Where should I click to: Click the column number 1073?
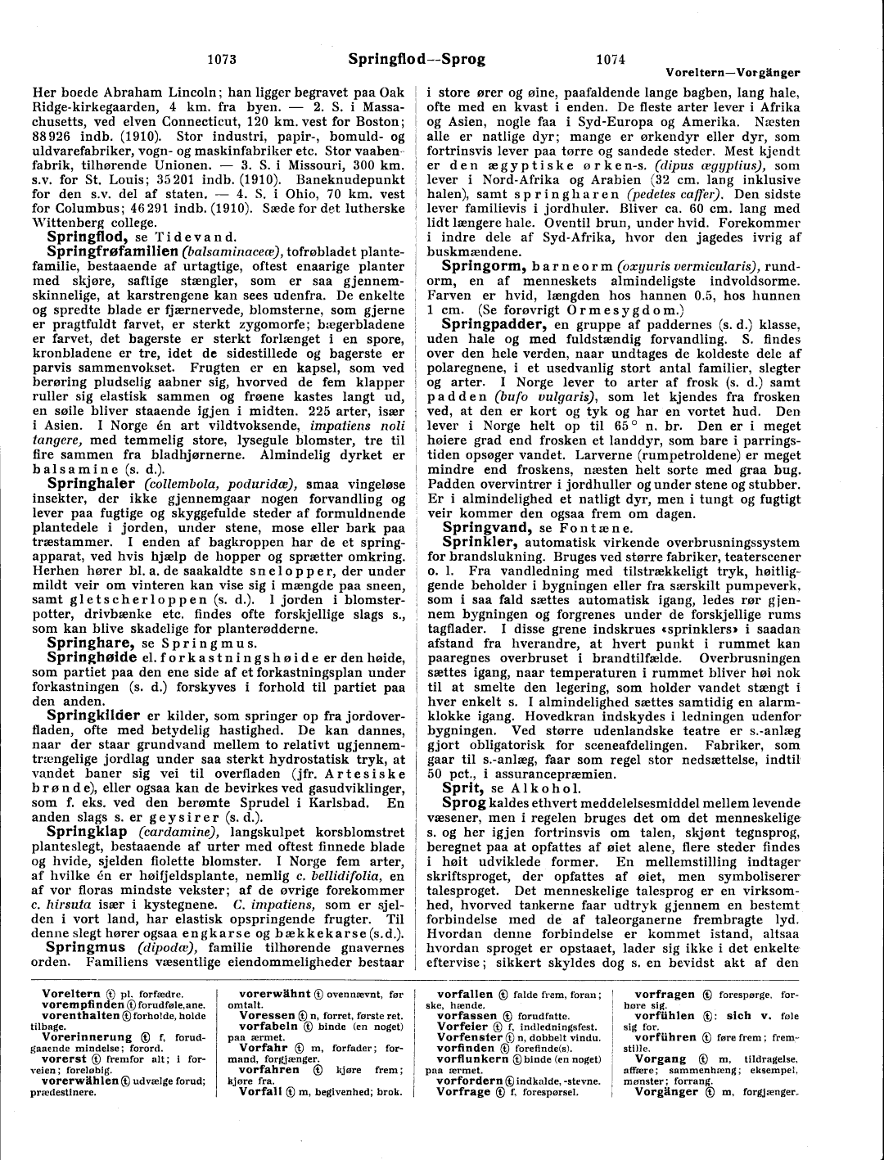(x=222, y=59)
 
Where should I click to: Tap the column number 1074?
(x=611, y=59)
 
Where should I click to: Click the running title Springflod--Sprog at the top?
(x=417, y=59)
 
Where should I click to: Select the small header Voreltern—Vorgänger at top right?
(x=733, y=73)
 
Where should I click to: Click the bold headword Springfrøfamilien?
(x=112, y=251)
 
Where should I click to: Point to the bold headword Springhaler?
(x=91, y=484)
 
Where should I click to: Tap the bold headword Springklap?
(x=91, y=832)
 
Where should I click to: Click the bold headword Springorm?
(x=483, y=266)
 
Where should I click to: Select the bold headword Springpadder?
(x=494, y=324)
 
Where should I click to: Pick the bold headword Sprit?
(x=462, y=788)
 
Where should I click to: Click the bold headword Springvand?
(x=488, y=528)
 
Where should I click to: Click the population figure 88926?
(x=55, y=136)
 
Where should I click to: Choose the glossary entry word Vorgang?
(x=661, y=1058)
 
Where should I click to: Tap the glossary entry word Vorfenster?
(x=470, y=1037)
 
